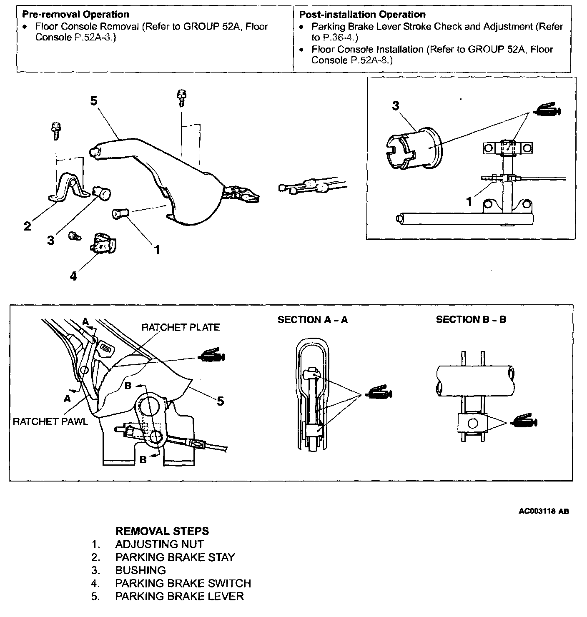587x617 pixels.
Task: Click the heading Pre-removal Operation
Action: tap(75, 15)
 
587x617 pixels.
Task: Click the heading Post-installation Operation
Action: tap(362, 15)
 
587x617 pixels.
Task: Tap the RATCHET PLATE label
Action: tap(181, 327)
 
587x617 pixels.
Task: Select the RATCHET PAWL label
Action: tap(50, 421)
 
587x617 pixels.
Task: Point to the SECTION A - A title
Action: tap(313, 320)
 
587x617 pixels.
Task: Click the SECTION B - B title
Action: tap(471, 320)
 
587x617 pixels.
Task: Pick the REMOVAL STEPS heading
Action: tap(162, 531)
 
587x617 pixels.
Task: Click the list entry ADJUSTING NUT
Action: tap(159, 544)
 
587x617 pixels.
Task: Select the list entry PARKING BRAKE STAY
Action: tap(175, 557)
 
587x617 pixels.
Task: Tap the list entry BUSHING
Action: tap(140, 570)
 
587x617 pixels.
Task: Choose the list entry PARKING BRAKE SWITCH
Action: tap(183, 583)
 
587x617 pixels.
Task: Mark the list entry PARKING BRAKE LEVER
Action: tap(179, 596)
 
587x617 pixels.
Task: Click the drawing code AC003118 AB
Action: tap(544, 511)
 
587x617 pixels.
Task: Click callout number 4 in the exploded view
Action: tap(73, 276)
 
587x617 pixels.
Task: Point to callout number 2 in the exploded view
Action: tap(28, 226)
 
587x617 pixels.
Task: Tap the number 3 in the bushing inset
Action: tap(396, 106)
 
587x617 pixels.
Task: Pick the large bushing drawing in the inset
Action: tap(411, 148)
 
